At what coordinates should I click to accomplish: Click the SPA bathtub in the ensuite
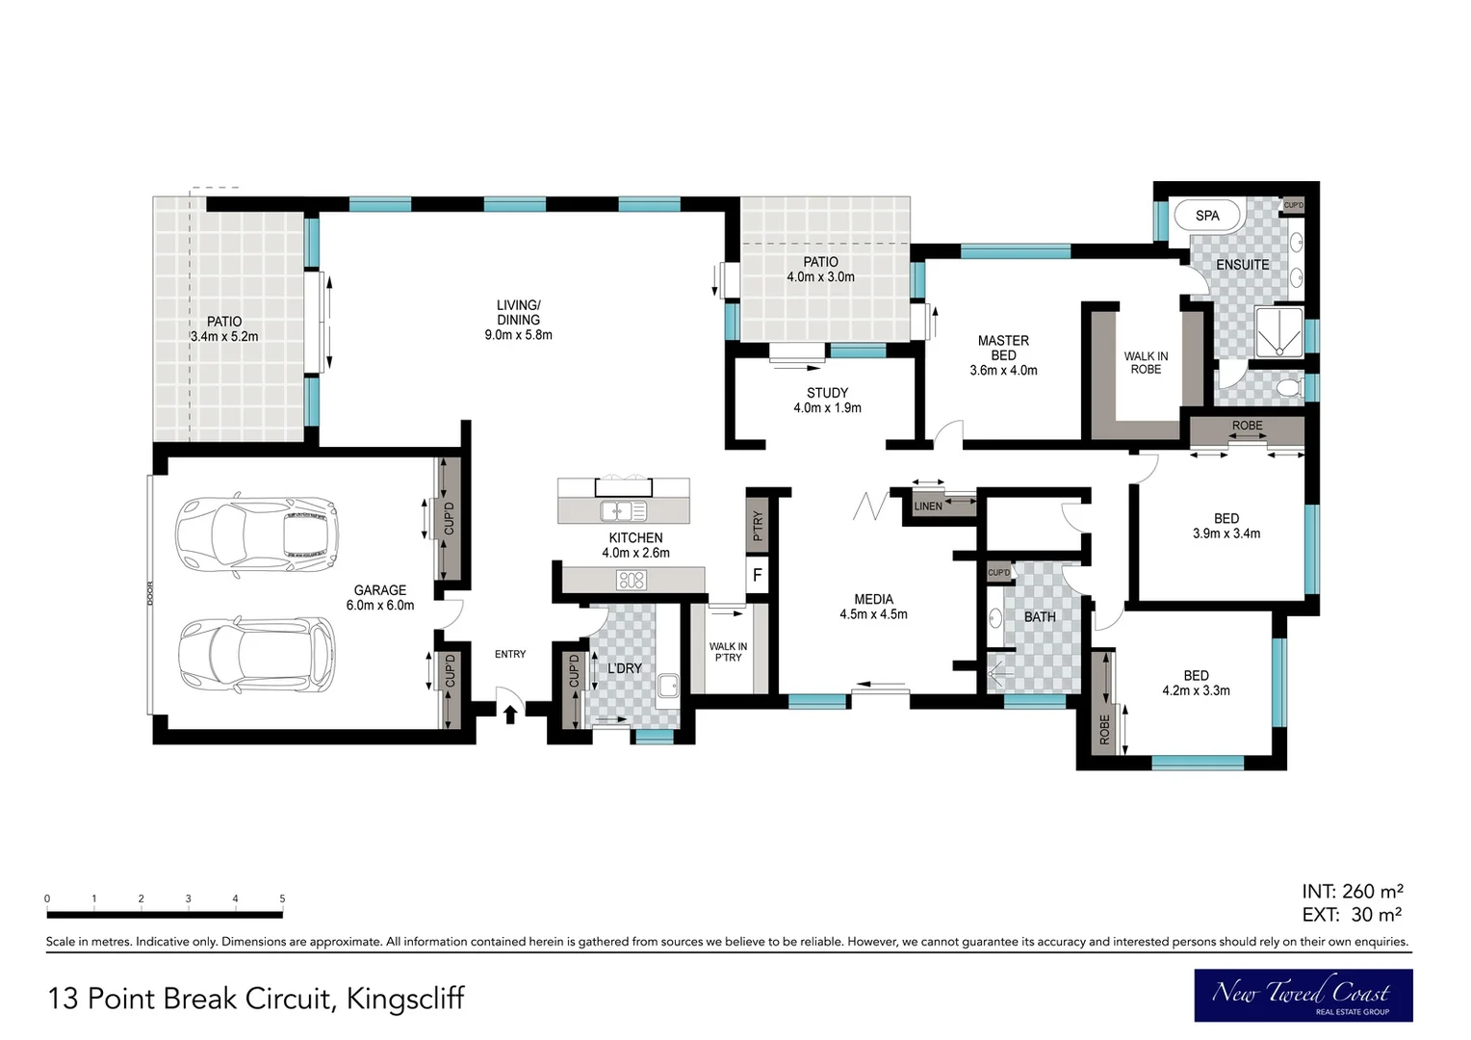coord(1207,215)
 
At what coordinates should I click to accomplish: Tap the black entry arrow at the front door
coord(510,714)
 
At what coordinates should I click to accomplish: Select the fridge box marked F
coord(758,576)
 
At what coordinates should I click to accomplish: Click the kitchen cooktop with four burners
coord(632,580)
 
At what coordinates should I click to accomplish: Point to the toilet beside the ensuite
coord(1289,387)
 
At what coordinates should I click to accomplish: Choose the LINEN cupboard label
coord(928,506)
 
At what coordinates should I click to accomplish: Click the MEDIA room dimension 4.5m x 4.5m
coord(873,614)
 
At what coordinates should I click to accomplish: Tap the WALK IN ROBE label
coord(1146,363)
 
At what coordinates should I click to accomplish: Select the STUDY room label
coord(828,393)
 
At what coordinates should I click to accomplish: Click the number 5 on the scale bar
coord(282,898)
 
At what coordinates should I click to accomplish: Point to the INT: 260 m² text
coord(1353,892)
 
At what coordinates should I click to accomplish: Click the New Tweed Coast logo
coord(1303,996)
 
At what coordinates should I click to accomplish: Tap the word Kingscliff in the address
coord(405,999)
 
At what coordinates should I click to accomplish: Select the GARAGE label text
coord(379,590)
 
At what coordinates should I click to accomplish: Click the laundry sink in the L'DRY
coord(668,686)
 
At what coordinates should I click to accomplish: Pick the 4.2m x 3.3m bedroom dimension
coord(1196,690)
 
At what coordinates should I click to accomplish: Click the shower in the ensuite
coord(1279,332)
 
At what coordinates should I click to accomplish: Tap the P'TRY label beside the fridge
coord(758,526)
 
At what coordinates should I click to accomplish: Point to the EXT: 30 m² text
coord(1353,914)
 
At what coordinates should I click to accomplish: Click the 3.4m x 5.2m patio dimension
coord(224,336)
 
